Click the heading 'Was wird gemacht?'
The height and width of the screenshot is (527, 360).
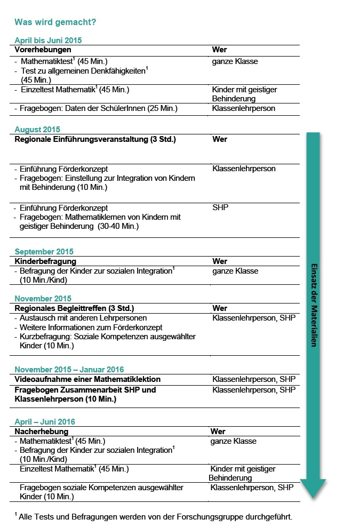coord(55,22)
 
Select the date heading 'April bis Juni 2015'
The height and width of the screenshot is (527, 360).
coord(48,41)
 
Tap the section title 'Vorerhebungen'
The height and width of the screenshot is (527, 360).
coord(43,50)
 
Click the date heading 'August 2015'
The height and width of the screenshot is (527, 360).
coord(37,130)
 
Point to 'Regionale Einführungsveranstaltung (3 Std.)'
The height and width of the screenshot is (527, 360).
coord(95,139)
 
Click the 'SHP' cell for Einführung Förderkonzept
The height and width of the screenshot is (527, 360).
coord(220,207)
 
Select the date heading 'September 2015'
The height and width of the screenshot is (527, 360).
coord(44,252)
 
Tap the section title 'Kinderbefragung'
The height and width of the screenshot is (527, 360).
coord(45,261)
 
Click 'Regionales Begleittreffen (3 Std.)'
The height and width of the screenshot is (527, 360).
coord(74,308)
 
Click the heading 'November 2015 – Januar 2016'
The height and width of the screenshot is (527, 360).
coord(69,370)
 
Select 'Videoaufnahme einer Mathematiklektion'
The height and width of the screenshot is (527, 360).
coord(87,379)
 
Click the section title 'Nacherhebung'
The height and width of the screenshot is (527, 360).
coord(41,432)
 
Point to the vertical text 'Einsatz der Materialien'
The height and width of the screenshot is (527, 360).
coord(314,305)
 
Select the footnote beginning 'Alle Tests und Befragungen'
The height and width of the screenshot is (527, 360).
coord(155,517)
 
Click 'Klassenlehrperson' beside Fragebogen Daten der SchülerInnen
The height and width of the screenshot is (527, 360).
coord(243,108)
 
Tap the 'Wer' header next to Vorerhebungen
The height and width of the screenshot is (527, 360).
coord(219,50)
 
